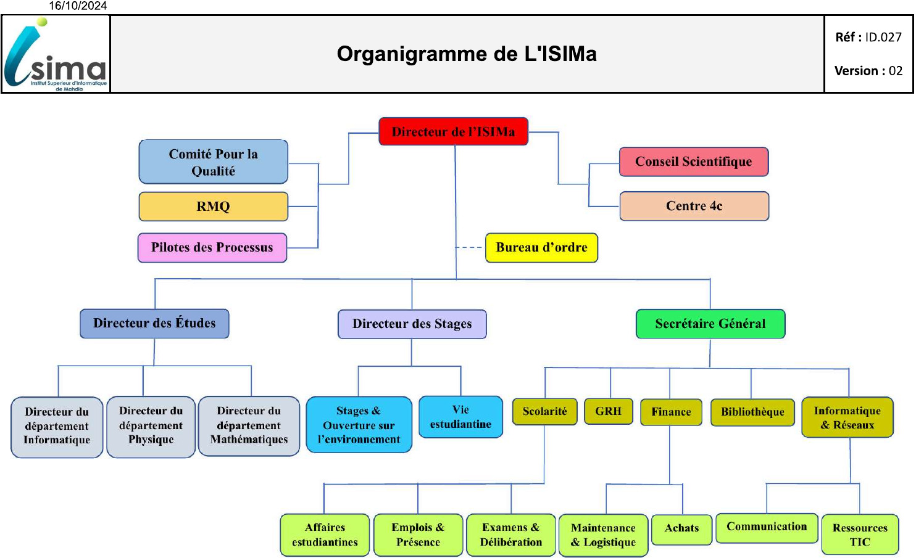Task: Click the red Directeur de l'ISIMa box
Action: coord(454,131)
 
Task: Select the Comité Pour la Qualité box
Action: coord(214,162)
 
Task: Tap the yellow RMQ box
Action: coord(214,207)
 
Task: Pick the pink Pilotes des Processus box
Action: coord(212,248)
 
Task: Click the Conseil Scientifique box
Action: coord(694,162)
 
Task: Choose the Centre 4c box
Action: coord(694,206)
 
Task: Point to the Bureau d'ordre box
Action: coord(541,248)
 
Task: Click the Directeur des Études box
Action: coord(154,324)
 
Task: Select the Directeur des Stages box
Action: coord(412,324)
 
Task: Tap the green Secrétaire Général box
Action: coord(710,324)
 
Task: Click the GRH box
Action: coord(609,411)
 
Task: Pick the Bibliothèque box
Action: coord(752,412)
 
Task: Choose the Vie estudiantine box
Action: coord(460,417)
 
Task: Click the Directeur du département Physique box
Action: coord(151,426)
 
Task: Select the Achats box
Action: coord(681,529)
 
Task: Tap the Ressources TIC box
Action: coord(860,535)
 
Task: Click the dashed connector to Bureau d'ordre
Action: coord(470,247)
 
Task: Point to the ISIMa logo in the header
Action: coord(56,55)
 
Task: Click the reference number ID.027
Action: coord(883,37)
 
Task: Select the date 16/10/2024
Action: coord(78,6)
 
